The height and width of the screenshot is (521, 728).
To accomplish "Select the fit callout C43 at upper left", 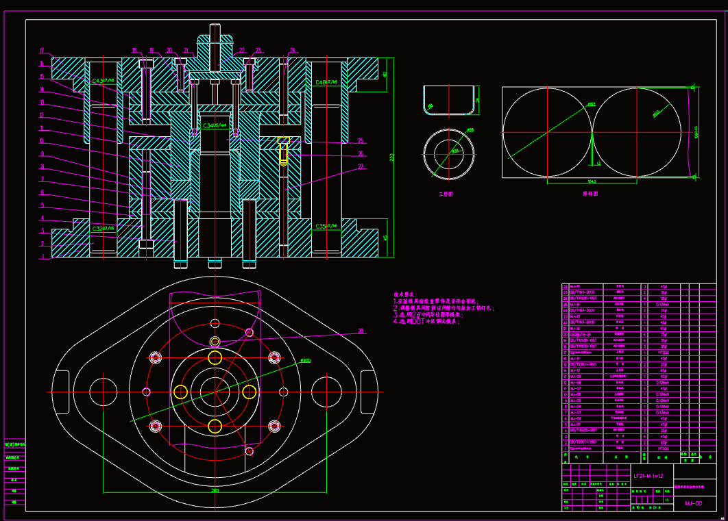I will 104,81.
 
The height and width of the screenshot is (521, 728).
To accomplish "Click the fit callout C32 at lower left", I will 103,228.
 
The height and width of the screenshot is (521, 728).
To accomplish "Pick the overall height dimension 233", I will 391,157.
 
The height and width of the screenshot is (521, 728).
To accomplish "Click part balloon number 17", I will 42,51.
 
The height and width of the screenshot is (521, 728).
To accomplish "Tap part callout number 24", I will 293,51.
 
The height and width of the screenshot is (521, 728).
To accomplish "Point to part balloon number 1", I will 42,257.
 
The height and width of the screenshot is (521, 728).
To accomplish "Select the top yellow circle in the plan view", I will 215,357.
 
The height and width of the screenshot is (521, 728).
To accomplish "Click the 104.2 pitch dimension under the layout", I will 592,181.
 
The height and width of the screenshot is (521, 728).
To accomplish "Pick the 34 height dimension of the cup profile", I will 478,100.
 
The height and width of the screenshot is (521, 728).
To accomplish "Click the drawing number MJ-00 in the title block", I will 693,503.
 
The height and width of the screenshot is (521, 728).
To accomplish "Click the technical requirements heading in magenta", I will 405,293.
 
